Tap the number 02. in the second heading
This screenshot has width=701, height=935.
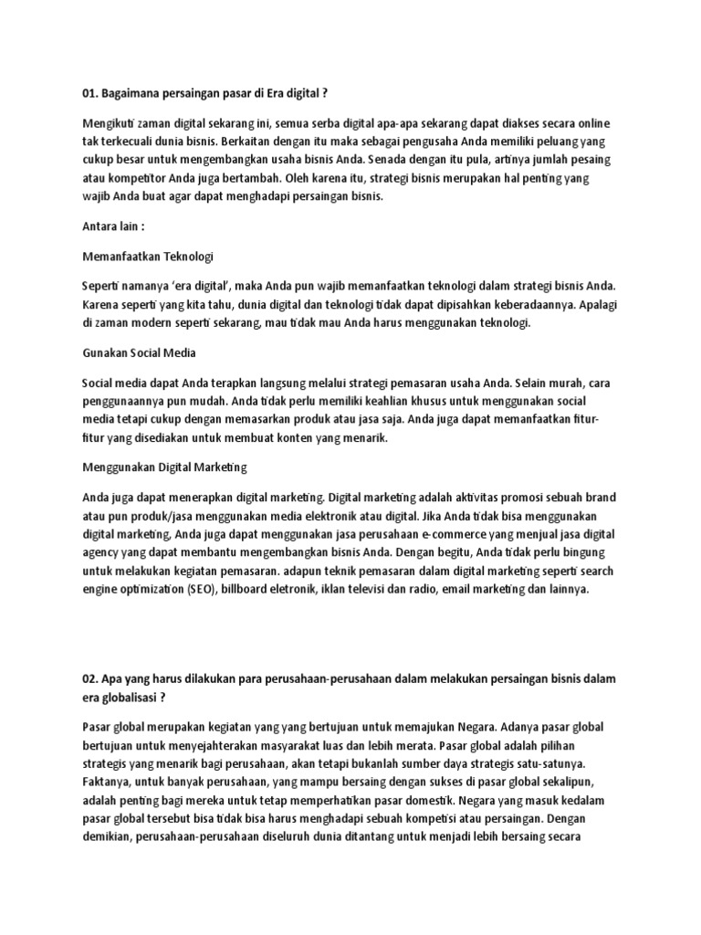click(x=91, y=680)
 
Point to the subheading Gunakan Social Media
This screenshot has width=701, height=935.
click(x=140, y=352)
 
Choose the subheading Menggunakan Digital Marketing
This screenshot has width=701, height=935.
click(x=165, y=467)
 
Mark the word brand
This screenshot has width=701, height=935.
click(x=597, y=499)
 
